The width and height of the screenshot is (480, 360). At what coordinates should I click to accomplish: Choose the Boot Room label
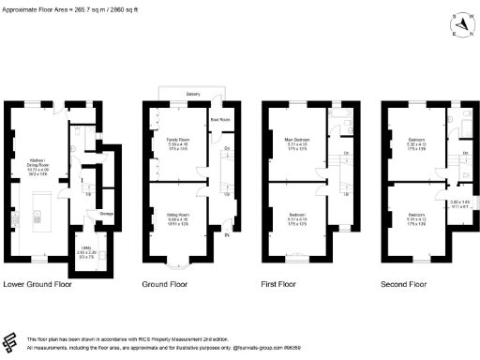[219, 120]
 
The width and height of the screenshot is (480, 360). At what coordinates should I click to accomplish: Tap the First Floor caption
[287, 283]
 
